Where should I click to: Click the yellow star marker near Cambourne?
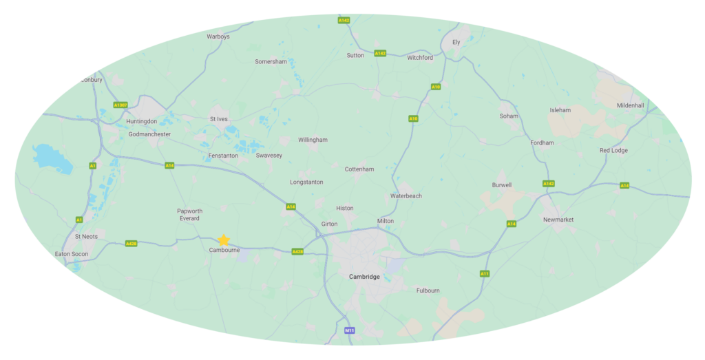click(x=224, y=240)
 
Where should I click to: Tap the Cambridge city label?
click(x=364, y=277)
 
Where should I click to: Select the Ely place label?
click(x=456, y=42)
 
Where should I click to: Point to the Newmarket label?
click(x=558, y=220)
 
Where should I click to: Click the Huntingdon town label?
click(x=142, y=121)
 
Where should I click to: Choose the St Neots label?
click(x=86, y=236)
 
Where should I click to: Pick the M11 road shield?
click(x=350, y=331)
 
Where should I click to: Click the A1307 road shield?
click(x=121, y=105)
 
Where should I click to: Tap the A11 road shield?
click(x=485, y=273)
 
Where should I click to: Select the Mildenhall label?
click(x=631, y=105)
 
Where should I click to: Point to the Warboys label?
click(x=218, y=37)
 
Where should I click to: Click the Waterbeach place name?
click(x=406, y=196)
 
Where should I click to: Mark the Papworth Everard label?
click(x=189, y=215)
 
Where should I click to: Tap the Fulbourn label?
click(x=428, y=290)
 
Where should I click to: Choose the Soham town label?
click(x=509, y=116)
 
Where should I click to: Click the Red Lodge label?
click(x=613, y=150)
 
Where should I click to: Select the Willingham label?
click(x=313, y=140)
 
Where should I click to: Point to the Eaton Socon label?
click(x=72, y=254)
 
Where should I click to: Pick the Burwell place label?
click(x=502, y=185)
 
